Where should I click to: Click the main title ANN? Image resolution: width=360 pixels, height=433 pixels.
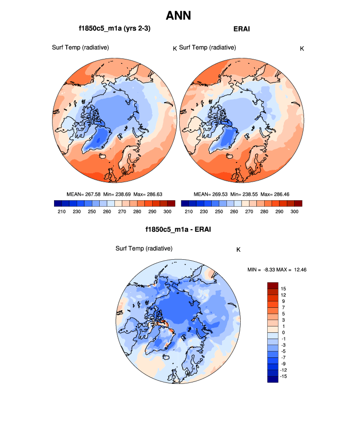click(178, 15)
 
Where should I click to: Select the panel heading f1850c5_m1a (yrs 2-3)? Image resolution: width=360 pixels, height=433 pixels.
click(114, 29)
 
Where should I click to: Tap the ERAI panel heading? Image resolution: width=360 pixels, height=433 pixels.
click(241, 29)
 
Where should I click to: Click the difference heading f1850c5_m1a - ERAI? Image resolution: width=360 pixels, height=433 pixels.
click(178, 229)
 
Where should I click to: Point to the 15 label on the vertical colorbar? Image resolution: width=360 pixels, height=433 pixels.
click(283, 288)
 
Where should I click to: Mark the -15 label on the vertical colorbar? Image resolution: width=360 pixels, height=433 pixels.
click(283, 376)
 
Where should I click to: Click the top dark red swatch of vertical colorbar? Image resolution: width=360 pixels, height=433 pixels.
click(273, 285)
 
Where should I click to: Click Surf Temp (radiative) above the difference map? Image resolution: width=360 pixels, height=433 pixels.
click(144, 248)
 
